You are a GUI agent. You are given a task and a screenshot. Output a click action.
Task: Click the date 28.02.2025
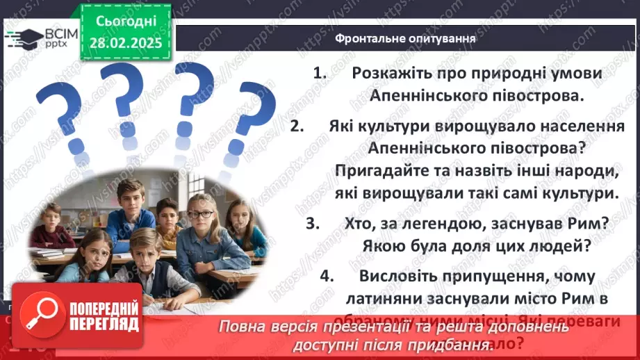[124, 43]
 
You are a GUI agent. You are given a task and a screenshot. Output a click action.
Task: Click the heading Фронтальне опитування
[405, 38]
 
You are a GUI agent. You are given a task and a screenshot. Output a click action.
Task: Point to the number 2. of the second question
[298, 126]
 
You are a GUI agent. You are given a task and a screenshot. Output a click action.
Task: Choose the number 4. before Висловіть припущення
[327, 276]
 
